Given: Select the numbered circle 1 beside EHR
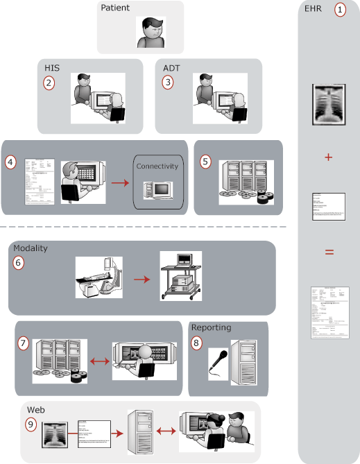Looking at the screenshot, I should coord(340,10).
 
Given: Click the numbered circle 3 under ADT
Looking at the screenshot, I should coord(168,83).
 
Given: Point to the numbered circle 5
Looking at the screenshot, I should coord(205,161).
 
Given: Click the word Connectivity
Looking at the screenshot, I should coord(157,166).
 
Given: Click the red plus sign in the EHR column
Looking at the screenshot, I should coord(329,157).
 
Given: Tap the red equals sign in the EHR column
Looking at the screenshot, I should coord(329,251).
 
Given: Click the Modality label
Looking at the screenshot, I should coord(31,248).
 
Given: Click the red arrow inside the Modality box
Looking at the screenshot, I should coord(142,279).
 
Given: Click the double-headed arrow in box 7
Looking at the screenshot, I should coord(99,361).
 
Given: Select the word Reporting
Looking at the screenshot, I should coord(212,327).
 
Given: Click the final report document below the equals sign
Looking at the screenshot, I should coord(329,312).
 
